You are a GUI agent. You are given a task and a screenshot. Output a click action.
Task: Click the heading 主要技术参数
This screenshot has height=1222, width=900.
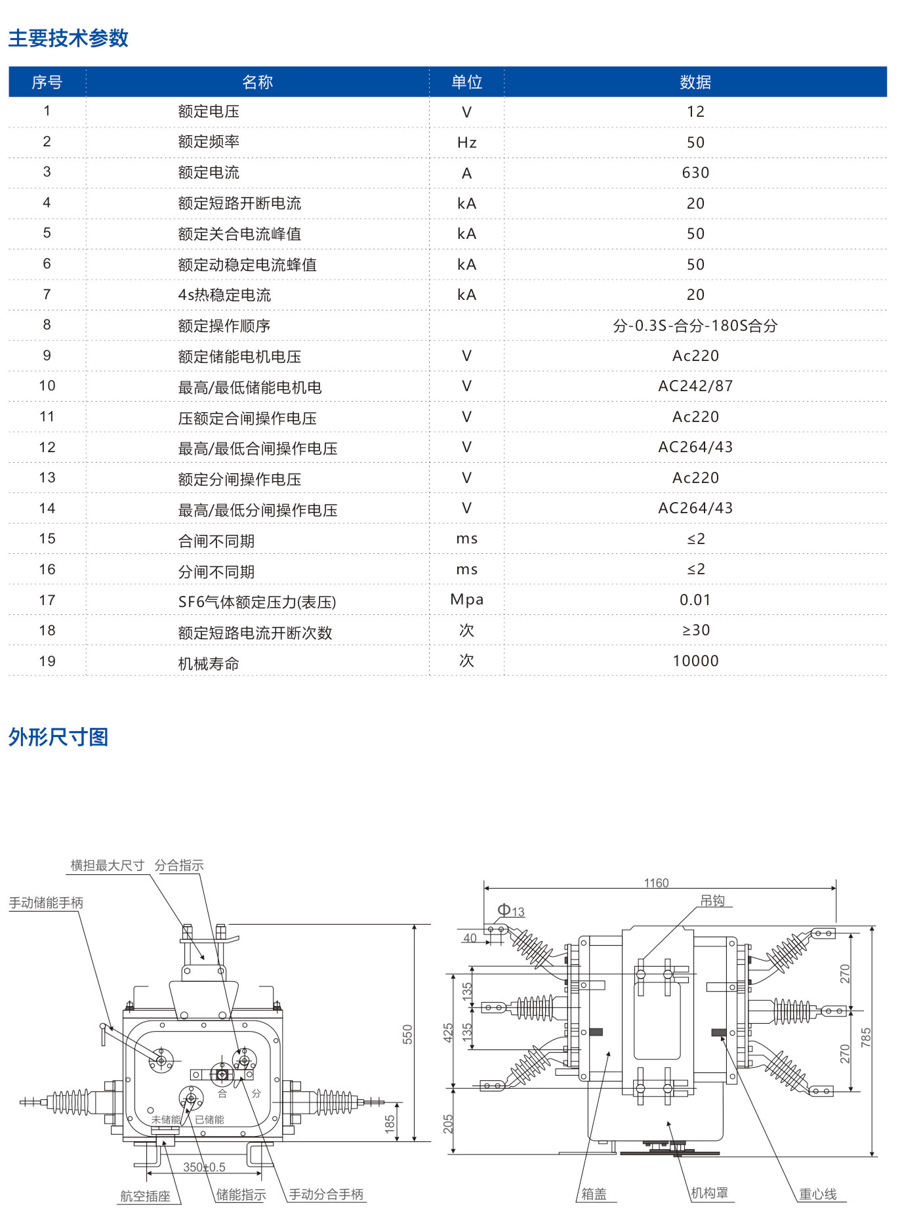[x=68, y=38]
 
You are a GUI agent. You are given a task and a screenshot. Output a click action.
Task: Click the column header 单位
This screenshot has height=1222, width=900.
[x=466, y=82]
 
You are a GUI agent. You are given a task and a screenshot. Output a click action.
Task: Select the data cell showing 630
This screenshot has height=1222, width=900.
[x=695, y=173]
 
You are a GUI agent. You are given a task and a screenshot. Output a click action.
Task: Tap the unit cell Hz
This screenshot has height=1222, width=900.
[x=466, y=142]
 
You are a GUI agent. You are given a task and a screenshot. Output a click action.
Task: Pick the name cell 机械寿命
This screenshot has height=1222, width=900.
[x=209, y=664]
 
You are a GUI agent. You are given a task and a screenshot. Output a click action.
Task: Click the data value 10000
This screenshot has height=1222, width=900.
[x=695, y=661]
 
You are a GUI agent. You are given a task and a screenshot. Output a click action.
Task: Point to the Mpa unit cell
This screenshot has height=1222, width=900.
[x=466, y=599]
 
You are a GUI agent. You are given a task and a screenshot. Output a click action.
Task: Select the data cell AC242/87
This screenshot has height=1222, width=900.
[x=695, y=386]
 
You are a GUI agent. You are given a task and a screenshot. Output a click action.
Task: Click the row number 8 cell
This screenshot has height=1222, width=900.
[x=47, y=325]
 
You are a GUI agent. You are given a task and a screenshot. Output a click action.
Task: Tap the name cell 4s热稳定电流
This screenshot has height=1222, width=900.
[x=224, y=295]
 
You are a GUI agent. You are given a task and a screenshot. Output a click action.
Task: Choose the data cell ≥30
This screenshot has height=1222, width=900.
[x=695, y=630]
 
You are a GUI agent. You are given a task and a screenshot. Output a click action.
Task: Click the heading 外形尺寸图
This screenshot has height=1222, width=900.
[x=58, y=737]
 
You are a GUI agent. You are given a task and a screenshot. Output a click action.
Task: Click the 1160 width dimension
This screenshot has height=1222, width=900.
[x=656, y=883]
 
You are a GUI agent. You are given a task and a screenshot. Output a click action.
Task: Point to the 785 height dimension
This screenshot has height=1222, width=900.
[x=866, y=1036]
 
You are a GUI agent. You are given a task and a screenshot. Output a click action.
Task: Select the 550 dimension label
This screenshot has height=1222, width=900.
[x=407, y=1034]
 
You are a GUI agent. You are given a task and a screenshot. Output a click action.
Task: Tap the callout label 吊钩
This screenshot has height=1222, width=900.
[x=712, y=900]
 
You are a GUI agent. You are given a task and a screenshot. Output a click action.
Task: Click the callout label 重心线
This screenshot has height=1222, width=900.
[x=817, y=1194]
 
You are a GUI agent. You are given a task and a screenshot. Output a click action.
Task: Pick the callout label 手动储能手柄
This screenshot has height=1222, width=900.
[x=46, y=902]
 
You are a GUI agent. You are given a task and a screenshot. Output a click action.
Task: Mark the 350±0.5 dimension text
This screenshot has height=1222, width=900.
[x=204, y=1167]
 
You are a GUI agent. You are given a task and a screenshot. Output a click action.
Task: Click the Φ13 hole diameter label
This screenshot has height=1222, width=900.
[x=511, y=910]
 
